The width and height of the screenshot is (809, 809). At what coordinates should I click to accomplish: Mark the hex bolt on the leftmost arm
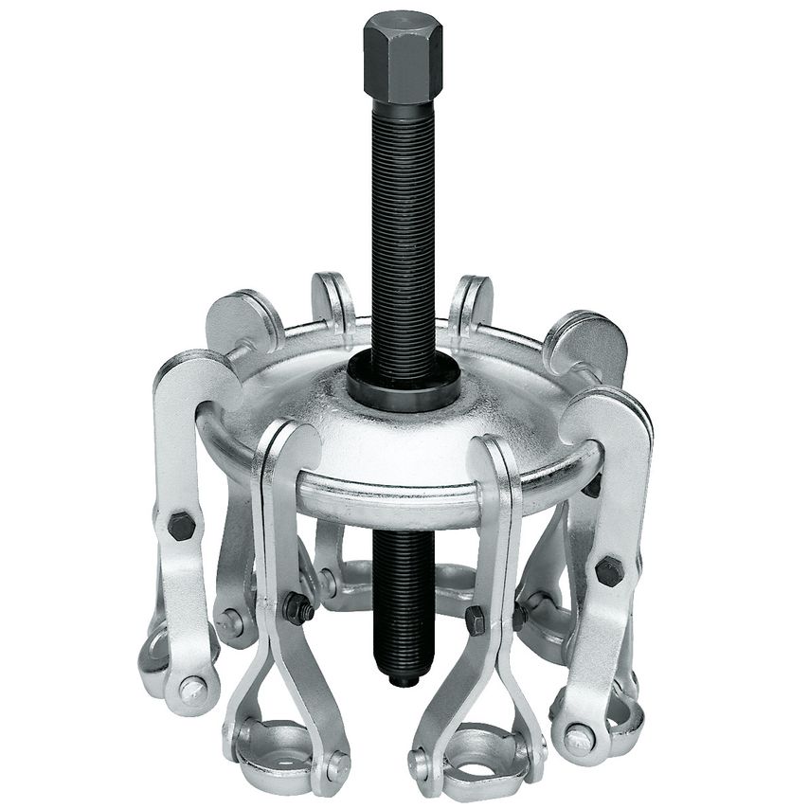(x=180, y=523)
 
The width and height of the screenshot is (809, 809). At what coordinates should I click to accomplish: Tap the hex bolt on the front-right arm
(x=475, y=620)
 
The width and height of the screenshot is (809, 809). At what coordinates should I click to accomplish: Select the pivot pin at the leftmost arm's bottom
(x=191, y=690)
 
